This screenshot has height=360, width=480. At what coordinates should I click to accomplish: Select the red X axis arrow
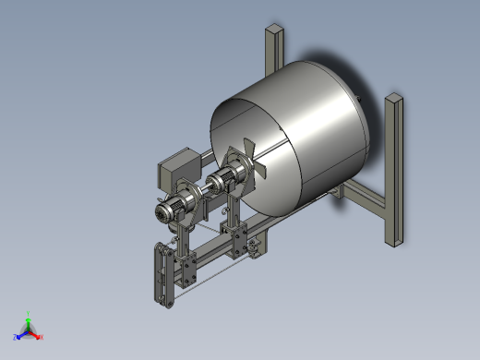37,335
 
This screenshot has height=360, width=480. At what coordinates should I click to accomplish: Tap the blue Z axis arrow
21,335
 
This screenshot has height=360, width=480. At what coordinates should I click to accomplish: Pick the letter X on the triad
42,338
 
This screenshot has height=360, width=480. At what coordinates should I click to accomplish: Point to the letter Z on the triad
16,338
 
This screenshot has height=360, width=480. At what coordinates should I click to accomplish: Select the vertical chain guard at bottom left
162,272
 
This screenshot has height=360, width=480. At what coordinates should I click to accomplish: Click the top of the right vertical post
394,98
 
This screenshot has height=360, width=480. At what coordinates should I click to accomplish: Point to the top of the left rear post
275,30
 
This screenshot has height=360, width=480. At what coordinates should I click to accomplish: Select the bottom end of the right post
393,242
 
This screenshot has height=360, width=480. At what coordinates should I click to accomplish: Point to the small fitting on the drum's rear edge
359,95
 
